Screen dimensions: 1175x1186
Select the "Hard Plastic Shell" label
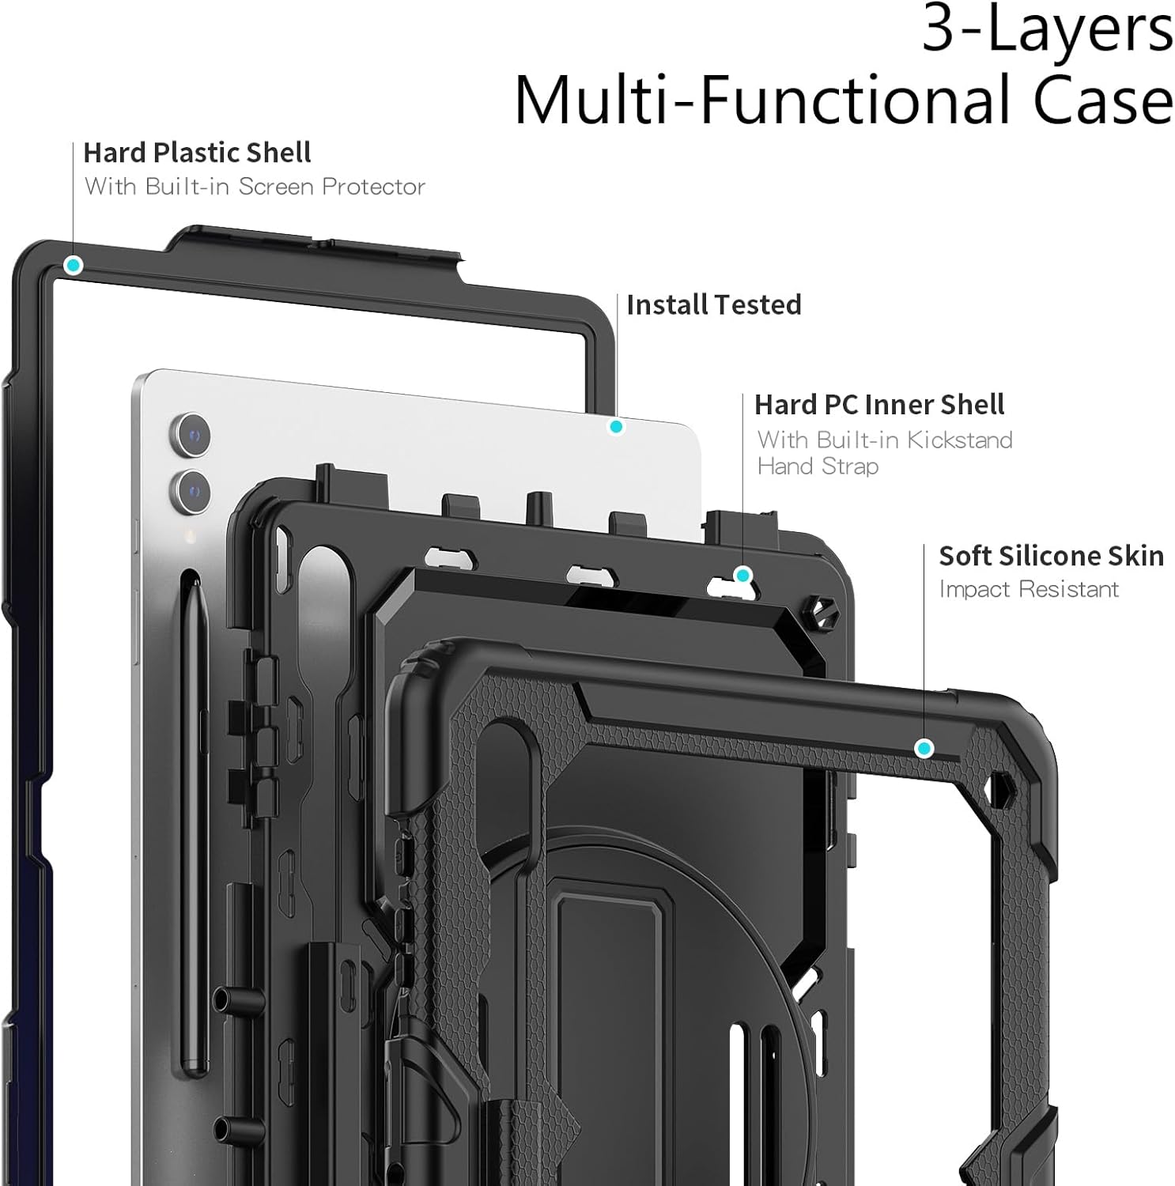tap(197, 153)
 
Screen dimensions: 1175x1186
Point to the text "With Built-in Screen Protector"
tap(255, 187)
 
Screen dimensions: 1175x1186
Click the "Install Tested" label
tap(713, 305)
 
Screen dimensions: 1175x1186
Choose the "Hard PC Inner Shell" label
tap(878, 405)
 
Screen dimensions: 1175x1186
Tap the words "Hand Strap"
tap(818, 466)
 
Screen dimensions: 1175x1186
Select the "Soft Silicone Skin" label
tap(1051, 557)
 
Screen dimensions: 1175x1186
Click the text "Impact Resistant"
tap(1029, 590)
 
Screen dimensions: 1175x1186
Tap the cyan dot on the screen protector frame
tap(74, 265)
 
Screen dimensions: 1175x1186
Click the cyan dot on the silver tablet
tap(616, 427)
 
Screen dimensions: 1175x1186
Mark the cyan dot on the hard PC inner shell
tap(742, 575)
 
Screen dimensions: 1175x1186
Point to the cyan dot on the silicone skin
tap(924, 748)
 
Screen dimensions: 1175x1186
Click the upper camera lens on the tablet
tap(191, 434)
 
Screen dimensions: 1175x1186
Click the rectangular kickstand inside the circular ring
tap(609, 1028)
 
